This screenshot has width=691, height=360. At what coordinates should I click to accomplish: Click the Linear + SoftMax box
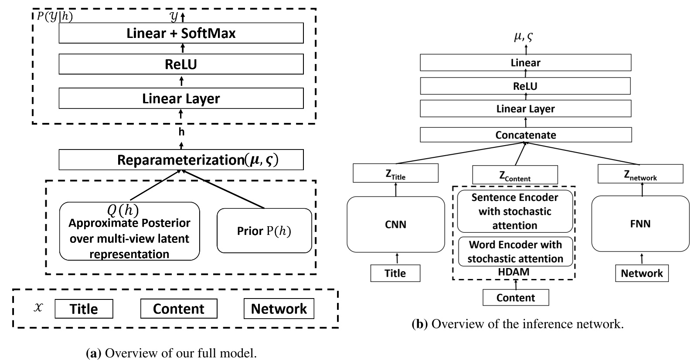click(181, 34)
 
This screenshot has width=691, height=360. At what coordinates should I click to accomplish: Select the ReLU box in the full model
click(181, 65)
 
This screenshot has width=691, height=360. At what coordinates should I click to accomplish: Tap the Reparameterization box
click(181, 160)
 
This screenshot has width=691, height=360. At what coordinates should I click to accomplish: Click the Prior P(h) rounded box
click(264, 231)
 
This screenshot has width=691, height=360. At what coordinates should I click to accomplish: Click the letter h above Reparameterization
click(181, 132)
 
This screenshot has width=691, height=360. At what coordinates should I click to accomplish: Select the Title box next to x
click(84, 309)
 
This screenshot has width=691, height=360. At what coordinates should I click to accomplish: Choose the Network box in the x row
click(279, 309)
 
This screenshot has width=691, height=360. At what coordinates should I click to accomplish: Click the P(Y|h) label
click(55, 17)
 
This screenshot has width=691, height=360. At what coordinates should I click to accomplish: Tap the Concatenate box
click(525, 135)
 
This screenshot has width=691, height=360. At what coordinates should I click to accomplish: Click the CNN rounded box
click(395, 224)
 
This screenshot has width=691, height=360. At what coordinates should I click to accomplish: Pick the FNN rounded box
click(640, 224)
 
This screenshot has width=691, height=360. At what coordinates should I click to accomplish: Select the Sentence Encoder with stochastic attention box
click(514, 211)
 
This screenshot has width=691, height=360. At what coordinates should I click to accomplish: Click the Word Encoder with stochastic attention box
click(515, 251)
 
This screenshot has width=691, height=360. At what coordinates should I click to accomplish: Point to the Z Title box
click(395, 174)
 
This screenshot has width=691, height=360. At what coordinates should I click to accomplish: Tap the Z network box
click(640, 175)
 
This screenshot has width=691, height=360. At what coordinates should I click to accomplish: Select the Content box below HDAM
click(515, 298)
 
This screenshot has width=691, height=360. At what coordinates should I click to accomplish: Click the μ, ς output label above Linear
click(523, 38)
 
